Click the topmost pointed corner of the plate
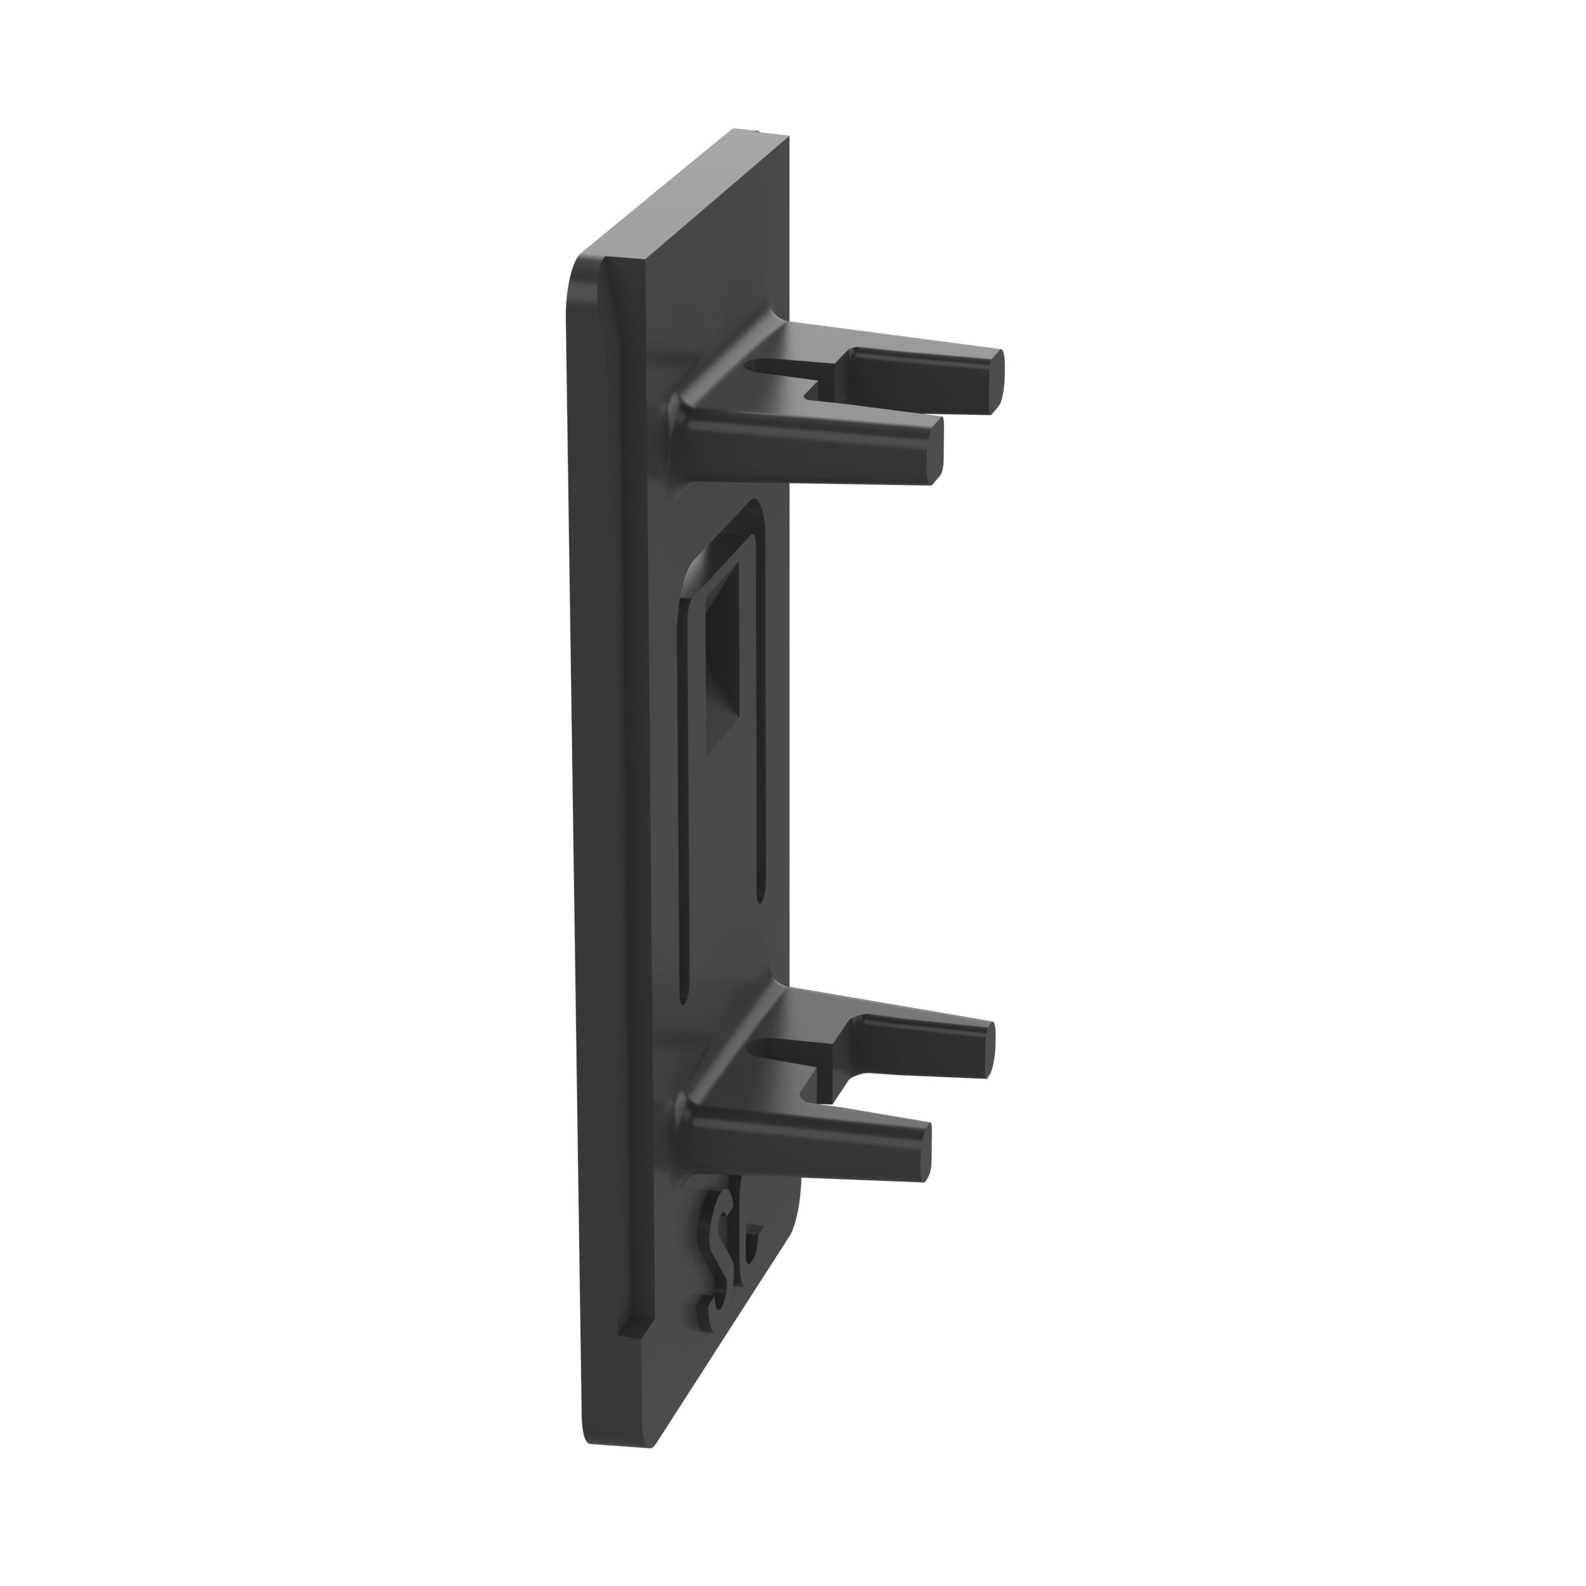734,131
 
